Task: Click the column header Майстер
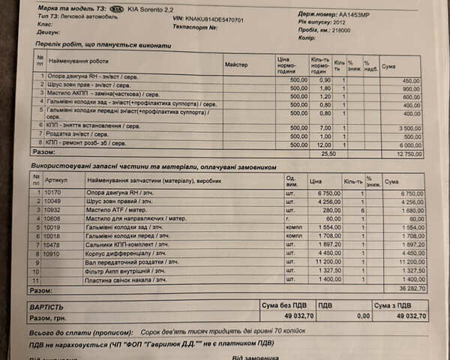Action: click(x=237, y=65)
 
